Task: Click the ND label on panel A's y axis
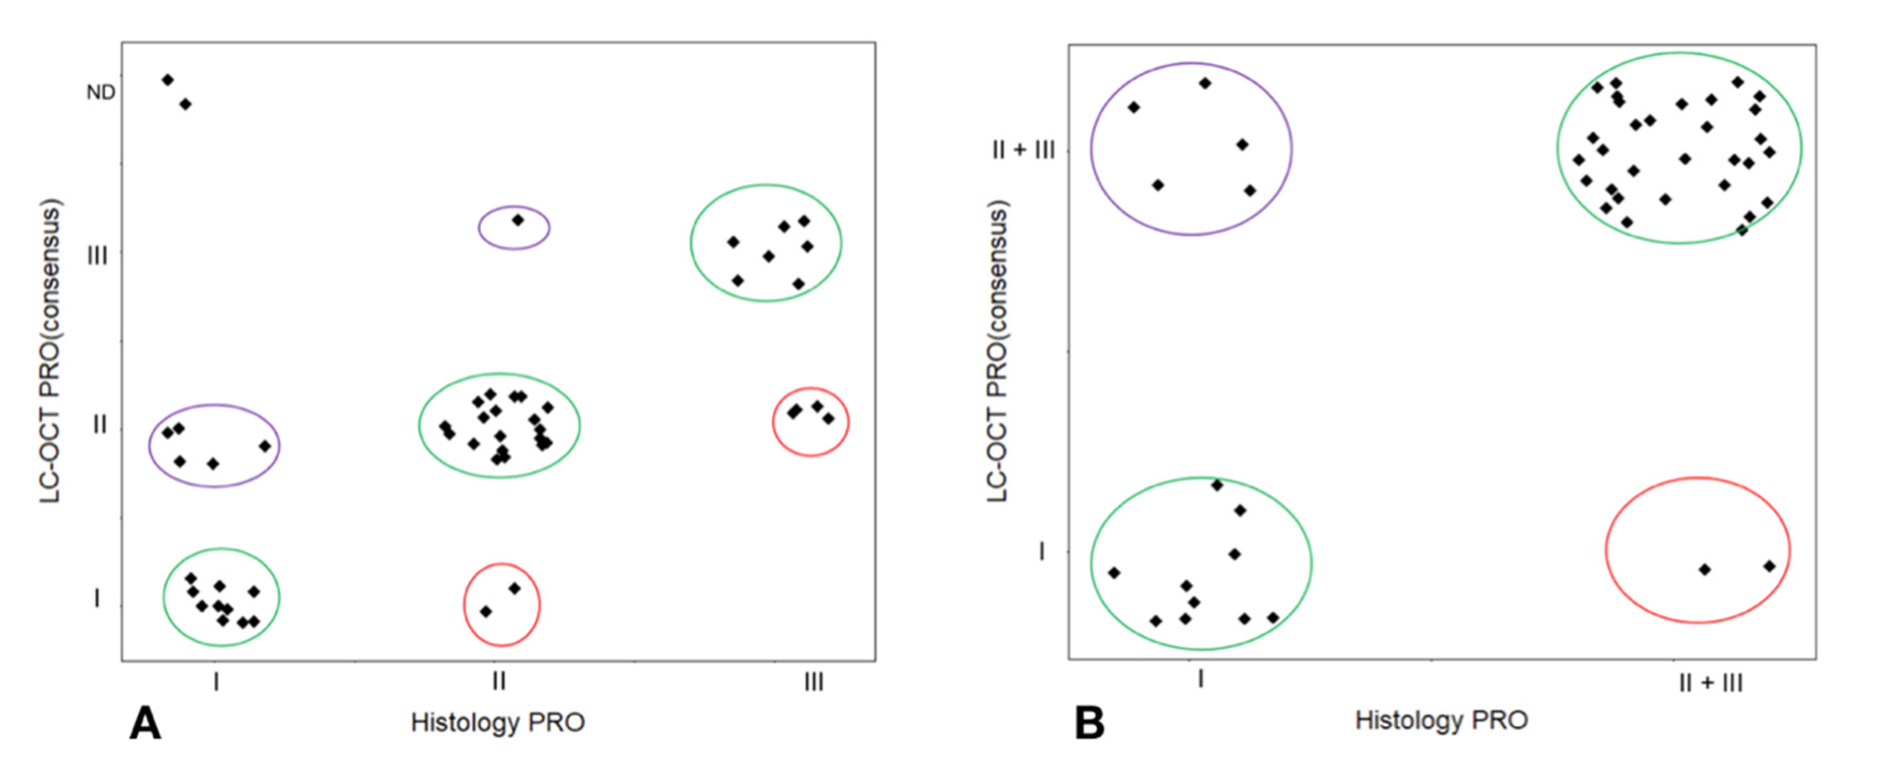click(101, 92)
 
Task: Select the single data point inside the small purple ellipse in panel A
click(518, 219)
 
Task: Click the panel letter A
click(145, 724)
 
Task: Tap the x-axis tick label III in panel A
click(814, 682)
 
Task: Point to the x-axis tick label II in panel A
click(498, 682)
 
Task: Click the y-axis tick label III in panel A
click(97, 256)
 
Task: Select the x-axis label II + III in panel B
click(1710, 684)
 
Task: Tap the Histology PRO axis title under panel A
click(498, 722)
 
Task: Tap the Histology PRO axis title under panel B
click(1441, 720)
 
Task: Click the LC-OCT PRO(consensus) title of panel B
click(998, 351)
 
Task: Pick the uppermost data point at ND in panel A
click(168, 80)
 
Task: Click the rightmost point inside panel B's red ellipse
click(1769, 566)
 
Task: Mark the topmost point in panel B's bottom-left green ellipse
click(1217, 485)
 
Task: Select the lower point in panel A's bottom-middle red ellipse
click(486, 611)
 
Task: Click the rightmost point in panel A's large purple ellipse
click(265, 446)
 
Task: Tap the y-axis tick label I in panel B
click(1042, 551)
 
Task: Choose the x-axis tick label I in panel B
click(1200, 679)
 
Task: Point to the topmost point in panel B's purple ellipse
click(1205, 83)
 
